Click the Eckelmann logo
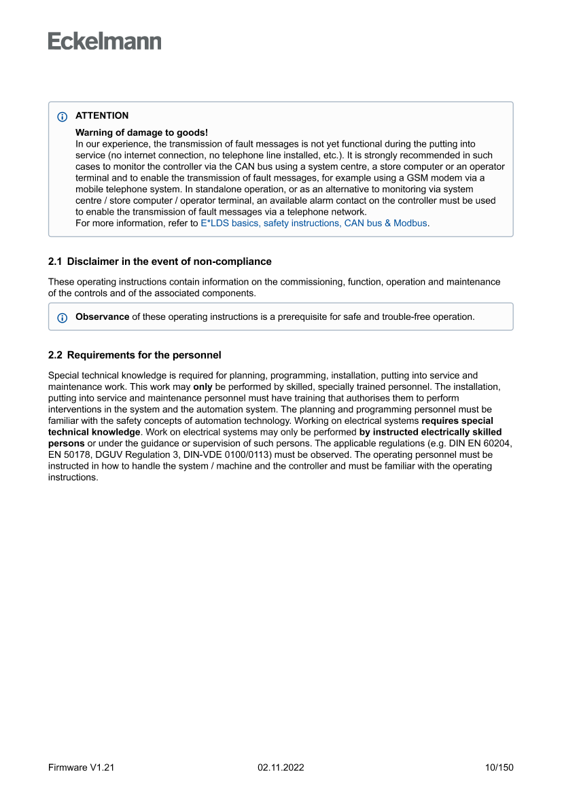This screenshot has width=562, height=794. click(105, 41)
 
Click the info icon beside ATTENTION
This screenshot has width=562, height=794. click(63, 116)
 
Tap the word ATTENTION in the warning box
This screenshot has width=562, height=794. click(102, 115)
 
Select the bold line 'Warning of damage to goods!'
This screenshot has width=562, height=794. click(141, 132)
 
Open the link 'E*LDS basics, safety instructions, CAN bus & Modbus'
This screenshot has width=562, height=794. click(314, 223)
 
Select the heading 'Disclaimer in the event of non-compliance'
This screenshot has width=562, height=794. click(169, 261)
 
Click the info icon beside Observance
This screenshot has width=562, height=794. click(63, 317)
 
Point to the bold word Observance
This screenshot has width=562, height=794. click(102, 317)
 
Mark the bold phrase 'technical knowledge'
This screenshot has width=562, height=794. click(94, 432)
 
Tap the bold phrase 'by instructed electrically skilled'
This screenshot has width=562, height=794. click(430, 432)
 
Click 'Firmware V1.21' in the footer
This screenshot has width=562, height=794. click(81, 768)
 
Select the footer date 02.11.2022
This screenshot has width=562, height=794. click(281, 768)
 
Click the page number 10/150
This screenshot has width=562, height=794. click(499, 768)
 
